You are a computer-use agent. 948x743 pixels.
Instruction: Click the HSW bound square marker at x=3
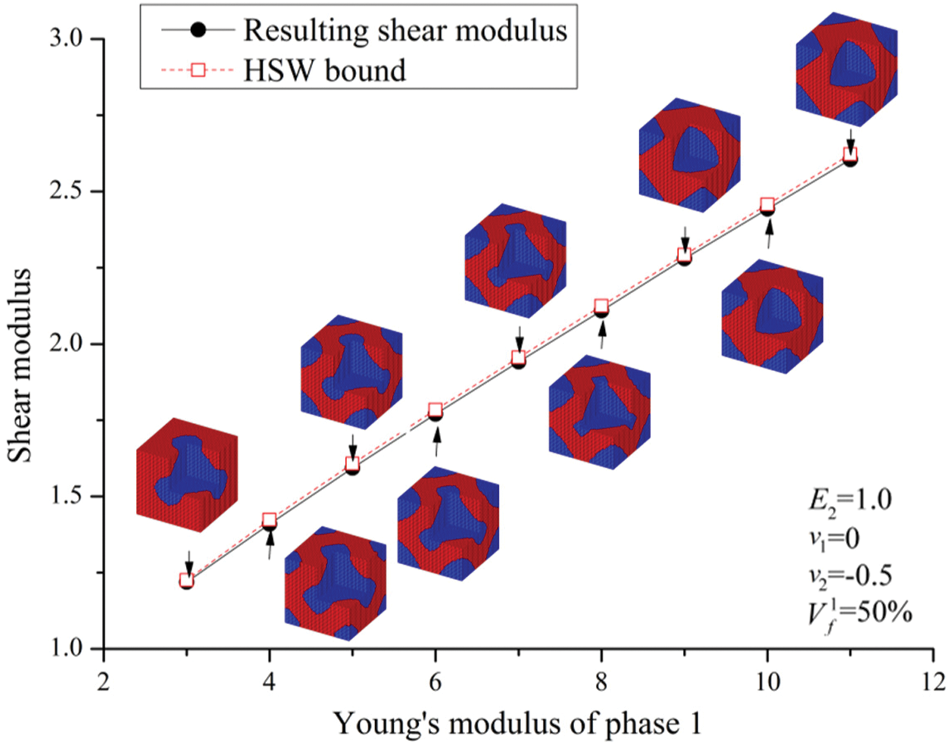pyautogui.click(x=187, y=579)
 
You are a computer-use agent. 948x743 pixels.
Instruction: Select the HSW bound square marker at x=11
pyautogui.click(x=850, y=154)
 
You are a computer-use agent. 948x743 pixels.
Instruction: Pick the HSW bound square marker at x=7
pyautogui.click(x=519, y=357)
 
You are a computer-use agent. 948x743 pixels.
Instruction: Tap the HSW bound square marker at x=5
pyautogui.click(x=352, y=464)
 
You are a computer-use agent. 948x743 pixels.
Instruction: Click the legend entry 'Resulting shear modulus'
pyautogui.click(x=405, y=30)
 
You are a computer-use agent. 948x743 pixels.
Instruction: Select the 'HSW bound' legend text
pyautogui.click(x=324, y=70)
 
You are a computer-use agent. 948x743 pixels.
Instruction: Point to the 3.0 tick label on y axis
pyautogui.click(x=66, y=39)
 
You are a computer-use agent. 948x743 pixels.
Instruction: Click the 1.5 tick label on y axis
pyautogui.click(x=66, y=496)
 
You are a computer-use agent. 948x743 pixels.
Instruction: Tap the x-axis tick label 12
pyautogui.click(x=933, y=682)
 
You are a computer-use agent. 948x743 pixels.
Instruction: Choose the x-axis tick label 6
pyautogui.click(x=435, y=682)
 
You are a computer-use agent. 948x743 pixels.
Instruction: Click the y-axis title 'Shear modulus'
pyautogui.click(x=20, y=365)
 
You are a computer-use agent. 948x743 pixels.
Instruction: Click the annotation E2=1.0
pyautogui.click(x=850, y=501)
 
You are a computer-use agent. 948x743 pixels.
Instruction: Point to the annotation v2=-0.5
pyautogui.click(x=850, y=575)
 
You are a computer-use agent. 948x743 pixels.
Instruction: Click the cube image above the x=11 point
pyautogui.click(x=847, y=69)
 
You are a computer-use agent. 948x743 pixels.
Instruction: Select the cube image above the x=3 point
pyautogui.click(x=187, y=475)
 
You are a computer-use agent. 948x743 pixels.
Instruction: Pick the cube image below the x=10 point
pyautogui.click(x=773, y=316)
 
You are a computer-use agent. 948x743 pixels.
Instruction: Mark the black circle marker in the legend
pyautogui.click(x=198, y=29)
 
